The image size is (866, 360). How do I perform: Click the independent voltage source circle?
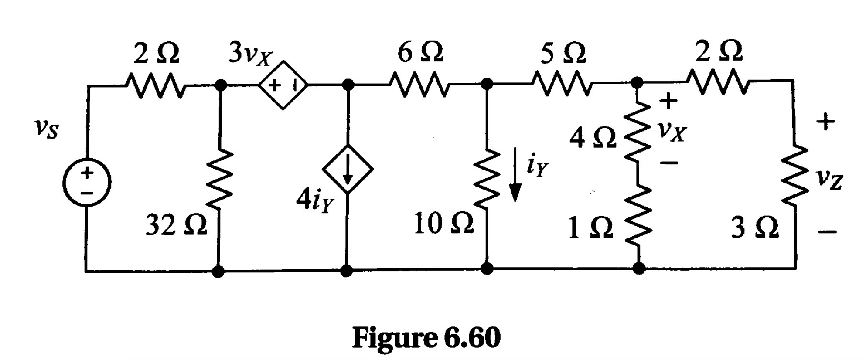coord(87,183)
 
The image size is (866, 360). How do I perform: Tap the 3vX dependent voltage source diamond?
coord(283,85)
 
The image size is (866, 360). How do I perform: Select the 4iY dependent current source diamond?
coord(348,169)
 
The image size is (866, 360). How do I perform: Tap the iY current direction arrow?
coord(515,174)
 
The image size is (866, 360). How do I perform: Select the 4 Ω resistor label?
coord(593,139)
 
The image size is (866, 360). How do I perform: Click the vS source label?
coord(46,129)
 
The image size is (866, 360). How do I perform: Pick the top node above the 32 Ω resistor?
coord(221,85)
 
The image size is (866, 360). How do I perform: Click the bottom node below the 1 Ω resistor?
coord(639,268)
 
